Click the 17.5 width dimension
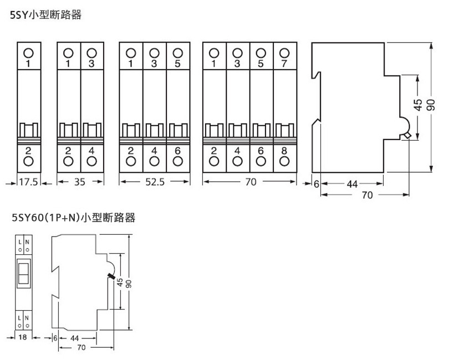[x=28, y=182]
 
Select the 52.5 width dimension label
[x=155, y=182]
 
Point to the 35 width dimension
[x=80, y=182]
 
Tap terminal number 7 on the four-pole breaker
[x=284, y=64]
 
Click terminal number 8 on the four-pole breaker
[x=284, y=151]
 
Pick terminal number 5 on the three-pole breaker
[x=177, y=64]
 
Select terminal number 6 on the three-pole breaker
[x=177, y=151]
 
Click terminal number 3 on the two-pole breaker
[x=92, y=64]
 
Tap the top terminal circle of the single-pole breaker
[x=28, y=53]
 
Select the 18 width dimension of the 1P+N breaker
[x=23, y=337]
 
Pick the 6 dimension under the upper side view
[x=316, y=184]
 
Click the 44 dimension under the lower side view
[x=74, y=337]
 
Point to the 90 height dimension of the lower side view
[x=128, y=282]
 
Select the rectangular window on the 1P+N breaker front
[x=23, y=272]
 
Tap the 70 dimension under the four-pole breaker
[x=250, y=182]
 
